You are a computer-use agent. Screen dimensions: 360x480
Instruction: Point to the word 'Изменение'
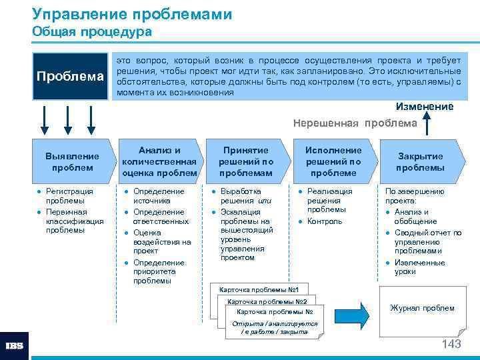[425, 107]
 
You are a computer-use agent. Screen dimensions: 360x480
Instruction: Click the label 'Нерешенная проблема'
[355, 123]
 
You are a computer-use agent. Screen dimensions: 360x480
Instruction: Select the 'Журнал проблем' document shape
[422, 309]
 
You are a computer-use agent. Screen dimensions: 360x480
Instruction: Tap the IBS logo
[14, 346]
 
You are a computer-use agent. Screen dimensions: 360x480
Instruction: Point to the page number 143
[451, 344]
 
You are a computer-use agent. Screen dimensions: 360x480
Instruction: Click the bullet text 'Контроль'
[325, 221]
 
